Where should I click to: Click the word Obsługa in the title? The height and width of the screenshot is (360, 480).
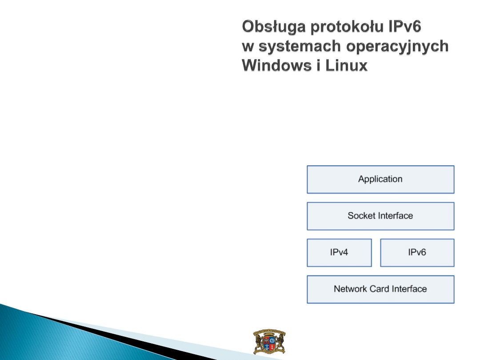(x=274, y=27)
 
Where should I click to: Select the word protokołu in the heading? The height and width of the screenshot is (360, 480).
(x=347, y=27)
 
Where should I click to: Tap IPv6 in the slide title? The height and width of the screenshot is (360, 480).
(x=405, y=26)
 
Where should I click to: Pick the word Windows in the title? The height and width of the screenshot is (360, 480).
(x=276, y=65)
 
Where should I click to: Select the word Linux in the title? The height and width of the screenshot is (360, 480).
(x=346, y=65)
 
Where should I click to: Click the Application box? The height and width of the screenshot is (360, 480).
(x=380, y=180)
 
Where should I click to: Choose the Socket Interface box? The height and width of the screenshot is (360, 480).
(x=380, y=216)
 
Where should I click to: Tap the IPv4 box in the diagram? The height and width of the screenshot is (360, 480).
(x=339, y=252)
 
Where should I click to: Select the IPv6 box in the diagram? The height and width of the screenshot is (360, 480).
(x=417, y=252)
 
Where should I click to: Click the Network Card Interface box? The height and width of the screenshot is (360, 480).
(x=380, y=289)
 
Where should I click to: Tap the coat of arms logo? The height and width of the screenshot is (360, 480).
(x=269, y=342)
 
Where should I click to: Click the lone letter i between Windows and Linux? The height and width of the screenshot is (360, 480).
(x=318, y=65)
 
